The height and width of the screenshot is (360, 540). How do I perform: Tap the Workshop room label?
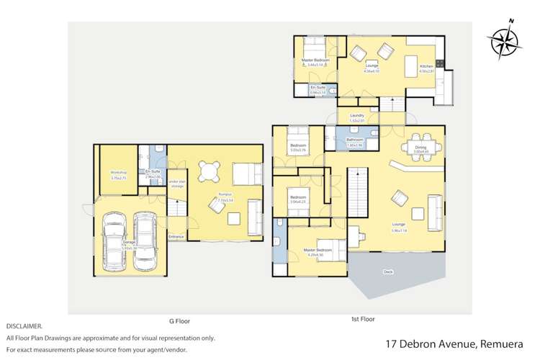pos(118,174)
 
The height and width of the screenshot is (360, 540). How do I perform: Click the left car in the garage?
pos(114,243)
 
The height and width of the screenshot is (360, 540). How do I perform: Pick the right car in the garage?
pos(145,241)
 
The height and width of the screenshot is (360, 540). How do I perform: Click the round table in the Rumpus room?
pos(209,171)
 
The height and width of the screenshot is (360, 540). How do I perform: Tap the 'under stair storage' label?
pos(177,183)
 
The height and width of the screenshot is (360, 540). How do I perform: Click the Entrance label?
pos(176,236)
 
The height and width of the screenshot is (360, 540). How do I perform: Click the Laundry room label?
pos(356,115)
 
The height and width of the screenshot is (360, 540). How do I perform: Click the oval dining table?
pos(421,142)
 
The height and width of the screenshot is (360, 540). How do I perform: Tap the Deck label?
pos(389,271)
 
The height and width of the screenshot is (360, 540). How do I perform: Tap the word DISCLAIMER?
pos(24,326)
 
